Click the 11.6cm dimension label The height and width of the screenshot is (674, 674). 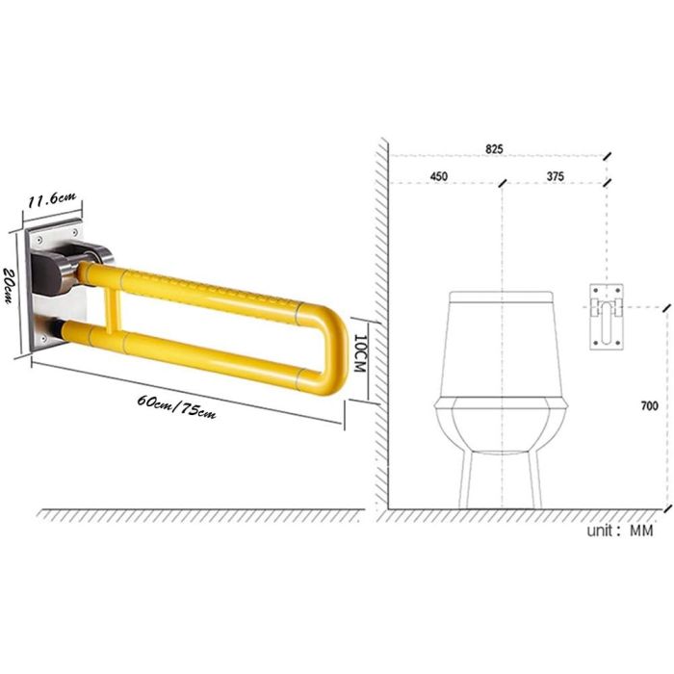tap(52, 199)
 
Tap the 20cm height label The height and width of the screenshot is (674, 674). tap(8, 286)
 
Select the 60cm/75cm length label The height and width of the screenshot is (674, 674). tap(176, 406)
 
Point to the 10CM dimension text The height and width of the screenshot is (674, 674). tap(359, 353)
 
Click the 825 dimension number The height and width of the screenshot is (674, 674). tap(494, 149)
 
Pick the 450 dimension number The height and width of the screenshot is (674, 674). tap(438, 176)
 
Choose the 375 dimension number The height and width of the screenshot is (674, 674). tap(556, 176)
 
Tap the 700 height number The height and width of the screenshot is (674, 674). tap(649, 405)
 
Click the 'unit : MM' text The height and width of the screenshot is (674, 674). tap(620, 531)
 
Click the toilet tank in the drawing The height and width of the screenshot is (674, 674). tap(502, 345)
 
